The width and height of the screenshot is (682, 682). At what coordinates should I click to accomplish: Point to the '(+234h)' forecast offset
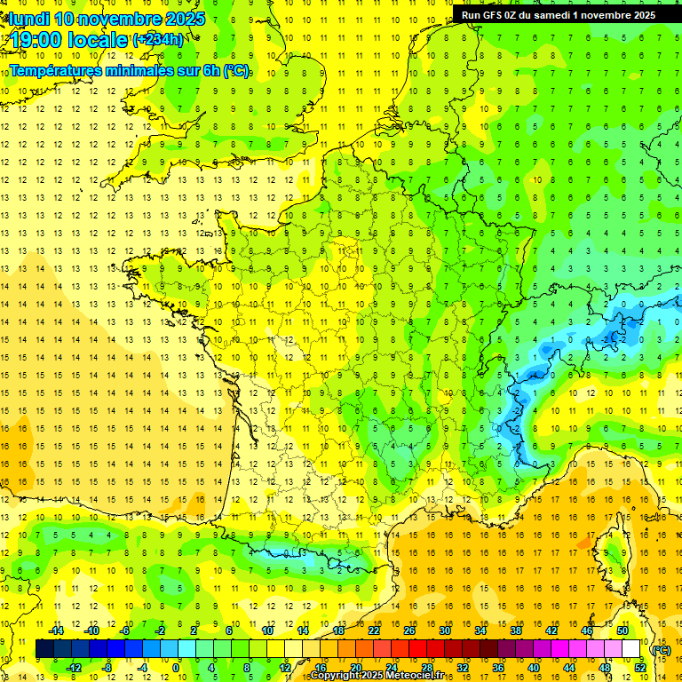[x=159, y=40]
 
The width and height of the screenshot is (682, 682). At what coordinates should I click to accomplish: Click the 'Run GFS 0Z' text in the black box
[x=496, y=14]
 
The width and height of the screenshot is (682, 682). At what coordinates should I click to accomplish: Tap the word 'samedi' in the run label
[x=567, y=14]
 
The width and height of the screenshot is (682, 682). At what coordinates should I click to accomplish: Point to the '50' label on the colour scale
[x=622, y=630]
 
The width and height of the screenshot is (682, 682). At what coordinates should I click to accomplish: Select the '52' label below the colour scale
[x=640, y=668]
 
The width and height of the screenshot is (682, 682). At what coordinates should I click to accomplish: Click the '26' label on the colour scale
[x=409, y=630]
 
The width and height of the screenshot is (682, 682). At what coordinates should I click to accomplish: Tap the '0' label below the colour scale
[x=175, y=668]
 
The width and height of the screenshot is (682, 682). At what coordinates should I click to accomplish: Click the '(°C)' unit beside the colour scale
[x=662, y=650]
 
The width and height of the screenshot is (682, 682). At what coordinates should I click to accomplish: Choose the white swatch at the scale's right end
[x=631, y=649]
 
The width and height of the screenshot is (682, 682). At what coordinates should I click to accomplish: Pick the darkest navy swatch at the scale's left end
[x=44, y=649]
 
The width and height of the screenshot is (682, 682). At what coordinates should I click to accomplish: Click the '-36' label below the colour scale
[x=497, y=668]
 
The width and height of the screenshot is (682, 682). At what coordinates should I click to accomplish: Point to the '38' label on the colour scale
[x=516, y=630]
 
